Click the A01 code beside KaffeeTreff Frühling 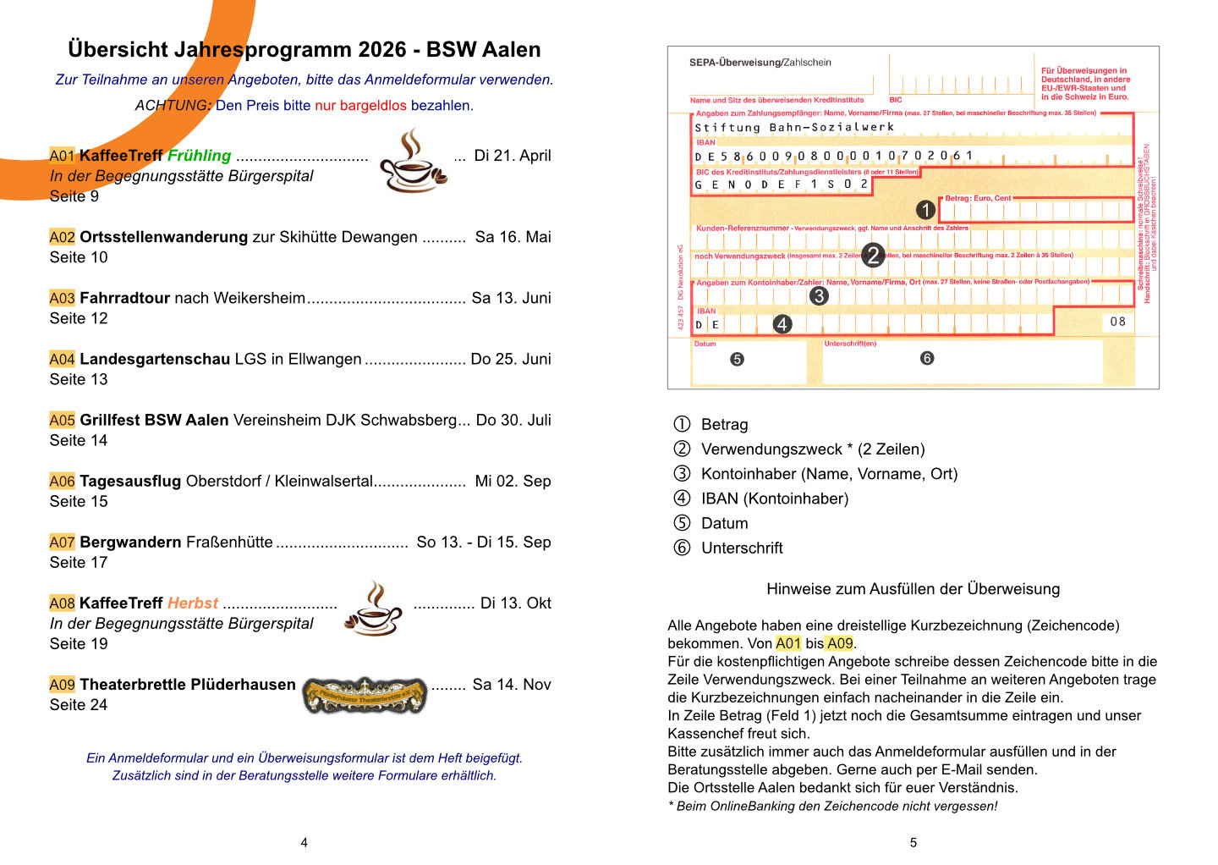tap(63, 156)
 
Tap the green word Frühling tap(199, 156)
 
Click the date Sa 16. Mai tap(513, 237)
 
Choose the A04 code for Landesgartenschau tap(63, 359)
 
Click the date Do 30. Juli tap(513, 420)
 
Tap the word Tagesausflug tap(130, 481)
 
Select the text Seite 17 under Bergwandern tap(79, 562)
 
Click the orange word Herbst tap(193, 603)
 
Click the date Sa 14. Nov tap(512, 684)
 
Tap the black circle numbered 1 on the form tap(925, 209)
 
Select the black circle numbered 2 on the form tap(873, 254)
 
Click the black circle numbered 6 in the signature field tap(927, 358)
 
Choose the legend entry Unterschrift tap(742, 548)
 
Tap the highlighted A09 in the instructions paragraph tap(840, 643)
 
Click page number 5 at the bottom tap(913, 842)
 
